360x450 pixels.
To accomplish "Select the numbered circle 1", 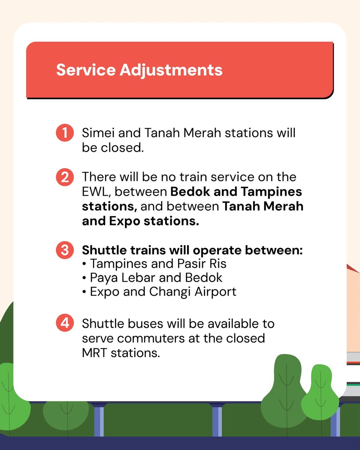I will tap(65, 133).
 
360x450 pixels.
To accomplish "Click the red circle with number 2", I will tap(65, 177).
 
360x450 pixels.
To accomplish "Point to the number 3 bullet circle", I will tap(65, 250).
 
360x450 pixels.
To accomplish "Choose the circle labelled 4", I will tap(65, 323).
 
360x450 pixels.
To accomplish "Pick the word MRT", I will tap(95, 353).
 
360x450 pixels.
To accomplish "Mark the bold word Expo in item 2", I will tap(125, 221).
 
